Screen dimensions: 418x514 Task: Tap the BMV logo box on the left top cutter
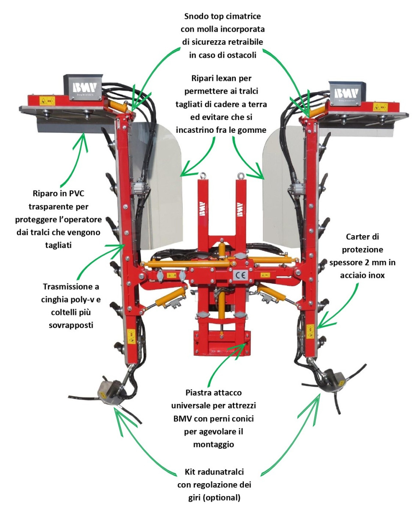pos(84,87)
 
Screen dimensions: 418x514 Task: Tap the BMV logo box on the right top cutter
pos(347,93)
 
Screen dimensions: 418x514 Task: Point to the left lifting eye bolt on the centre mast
pos(202,176)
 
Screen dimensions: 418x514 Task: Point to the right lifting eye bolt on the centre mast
pos(241,176)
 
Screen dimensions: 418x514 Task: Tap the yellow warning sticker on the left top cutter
pos(47,101)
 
